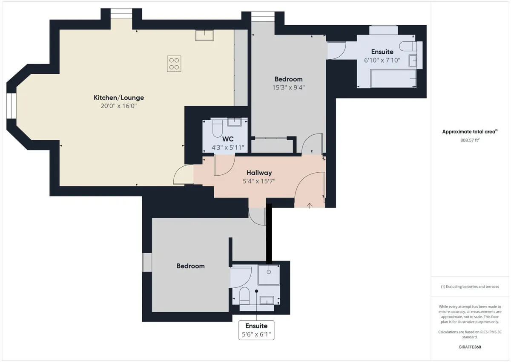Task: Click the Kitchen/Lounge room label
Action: click(x=119, y=98)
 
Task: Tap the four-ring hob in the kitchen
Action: click(x=174, y=64)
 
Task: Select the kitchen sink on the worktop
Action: click(x=204, y=35)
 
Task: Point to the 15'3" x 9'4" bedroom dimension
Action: click(x=288, y=87)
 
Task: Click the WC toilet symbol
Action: click(x=218, y=128)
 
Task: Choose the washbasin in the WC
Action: click(x=234, y=122)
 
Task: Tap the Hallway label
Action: click(x=259, y=173)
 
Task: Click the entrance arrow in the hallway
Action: click(x=310, y=206)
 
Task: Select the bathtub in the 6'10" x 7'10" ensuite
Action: click(x=393, y=79)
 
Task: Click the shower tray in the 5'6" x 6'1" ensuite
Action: click(x=269, y=275)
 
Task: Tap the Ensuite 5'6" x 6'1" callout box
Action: click(x=256, y=330)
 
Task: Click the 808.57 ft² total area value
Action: click(x=470, y=140)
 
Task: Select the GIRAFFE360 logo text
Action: click(x=470, y=347)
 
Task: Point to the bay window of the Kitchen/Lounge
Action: click(x=11, y=106)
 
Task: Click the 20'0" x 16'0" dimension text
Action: click(x=119, y=106)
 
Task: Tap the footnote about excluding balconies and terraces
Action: click(x=470, y=287)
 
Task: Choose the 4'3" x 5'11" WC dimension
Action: click(x=228, y=148)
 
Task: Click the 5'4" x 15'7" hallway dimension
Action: click(x=259, y=181)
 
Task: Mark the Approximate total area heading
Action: click(x=470, y=132)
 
